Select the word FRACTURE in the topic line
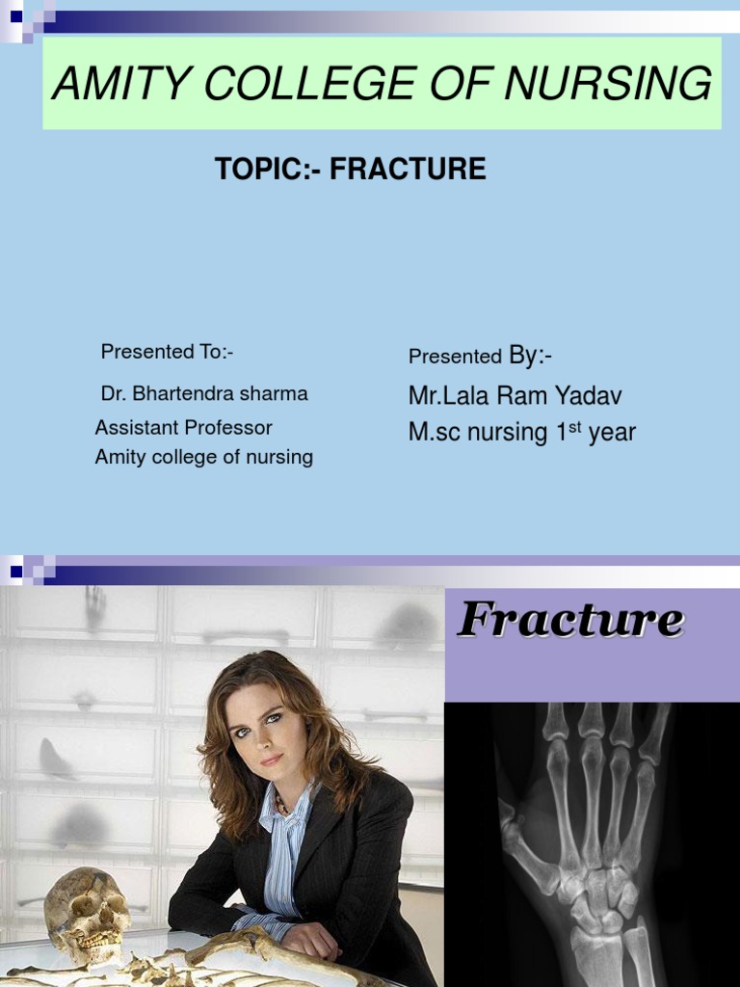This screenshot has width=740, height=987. point(408,170)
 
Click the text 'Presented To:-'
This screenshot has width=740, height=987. point(167,352)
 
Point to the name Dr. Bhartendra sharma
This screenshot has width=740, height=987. point(203,393)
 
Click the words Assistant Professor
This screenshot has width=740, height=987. point(183,427)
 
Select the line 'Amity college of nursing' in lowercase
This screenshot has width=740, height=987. point(203,457)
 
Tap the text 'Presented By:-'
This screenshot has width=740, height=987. point(480,356)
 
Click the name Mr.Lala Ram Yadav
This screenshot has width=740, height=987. point(515,395)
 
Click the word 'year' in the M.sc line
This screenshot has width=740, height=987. point(612,433)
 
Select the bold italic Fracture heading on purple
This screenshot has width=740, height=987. point(570,620)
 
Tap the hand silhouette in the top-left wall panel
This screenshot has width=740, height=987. point(94,607)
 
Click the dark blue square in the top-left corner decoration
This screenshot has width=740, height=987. point(15,15)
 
